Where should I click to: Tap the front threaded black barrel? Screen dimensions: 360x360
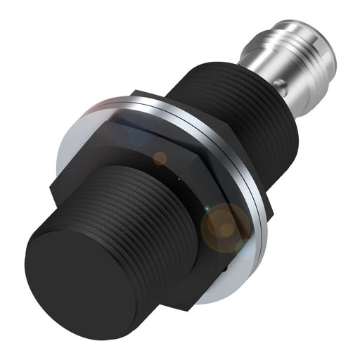[x=141, y=211]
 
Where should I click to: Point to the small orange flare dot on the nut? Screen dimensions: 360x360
[x=160, y=157]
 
